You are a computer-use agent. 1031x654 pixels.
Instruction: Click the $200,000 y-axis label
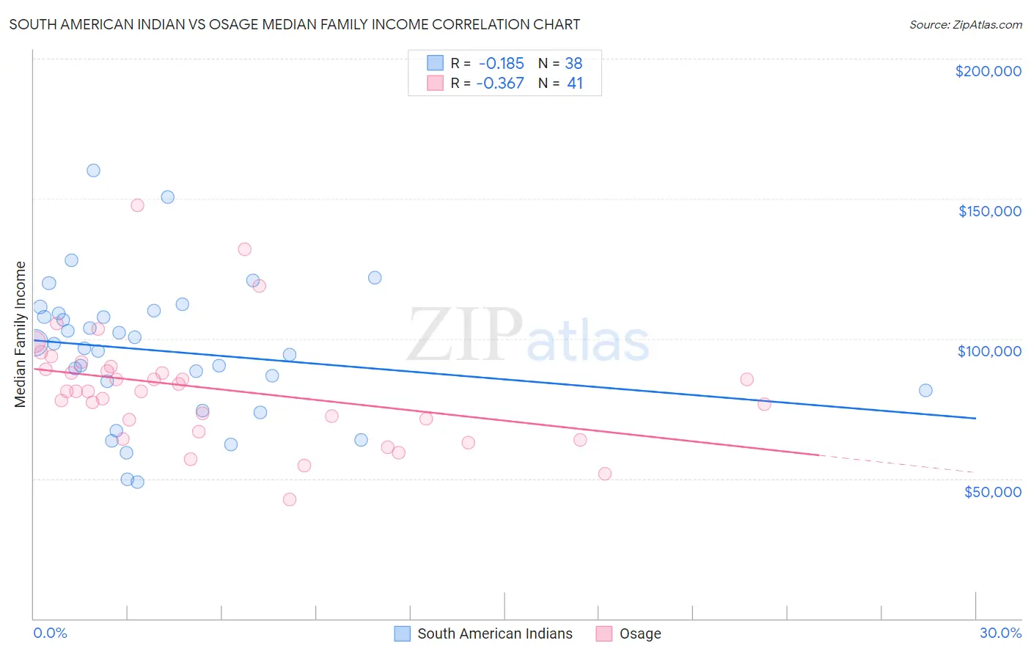(x=988, y=71)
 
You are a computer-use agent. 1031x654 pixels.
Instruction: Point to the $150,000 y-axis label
(x=989, y=211)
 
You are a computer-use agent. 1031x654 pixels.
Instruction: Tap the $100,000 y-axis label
(x=989, y=351)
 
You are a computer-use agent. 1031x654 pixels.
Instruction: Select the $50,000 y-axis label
(x=992, y=491)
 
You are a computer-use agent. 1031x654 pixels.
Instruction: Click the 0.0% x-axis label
(x=50, y=633)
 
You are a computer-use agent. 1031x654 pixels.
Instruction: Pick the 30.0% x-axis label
(x=1000, y=633)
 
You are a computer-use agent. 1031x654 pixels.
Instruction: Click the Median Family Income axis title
(x=20, y=334)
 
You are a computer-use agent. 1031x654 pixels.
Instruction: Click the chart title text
(x=294, y=24)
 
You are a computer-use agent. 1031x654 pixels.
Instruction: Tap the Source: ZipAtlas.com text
(x=965, y=24)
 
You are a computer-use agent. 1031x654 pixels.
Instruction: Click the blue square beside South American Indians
(x=402, y=633)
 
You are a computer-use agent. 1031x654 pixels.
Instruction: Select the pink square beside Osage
(x=603, y=633)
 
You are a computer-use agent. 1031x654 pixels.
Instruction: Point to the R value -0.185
(x=501, y=63)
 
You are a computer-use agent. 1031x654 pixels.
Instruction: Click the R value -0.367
(x=499, y=83)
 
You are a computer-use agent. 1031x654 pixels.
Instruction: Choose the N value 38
(x=573, y=63)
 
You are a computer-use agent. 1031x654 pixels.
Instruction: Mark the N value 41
(x=575, y=83)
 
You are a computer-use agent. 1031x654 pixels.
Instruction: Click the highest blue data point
(x=93, y=170)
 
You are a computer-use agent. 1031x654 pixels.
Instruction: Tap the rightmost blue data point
(x=925, y=390)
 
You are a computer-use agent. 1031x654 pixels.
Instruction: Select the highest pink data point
(x=137, y=205)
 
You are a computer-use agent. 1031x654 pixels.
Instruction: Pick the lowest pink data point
(x=290, y=499)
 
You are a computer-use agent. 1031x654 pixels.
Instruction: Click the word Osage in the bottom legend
(x=640, y=633)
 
